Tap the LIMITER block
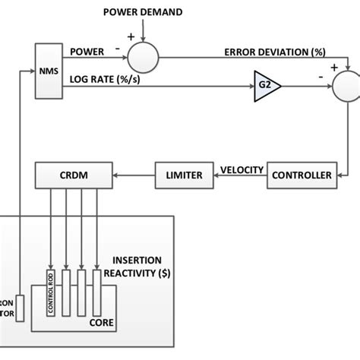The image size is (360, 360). click(x=184, y=175)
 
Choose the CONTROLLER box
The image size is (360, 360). click(x=302, y=175)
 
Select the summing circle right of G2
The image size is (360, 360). click(x=347, y=85)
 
